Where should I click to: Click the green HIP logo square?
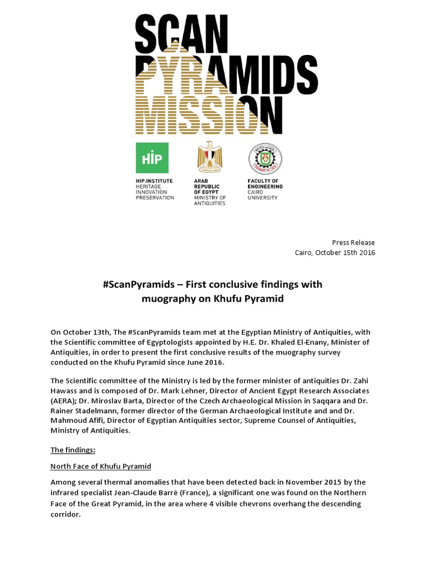click(x=152, y=158)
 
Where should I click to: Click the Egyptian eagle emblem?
click(x=209, y=158)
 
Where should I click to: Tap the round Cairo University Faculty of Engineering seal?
click(x=264, y=158)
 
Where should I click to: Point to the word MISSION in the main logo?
click(x=205, y=115)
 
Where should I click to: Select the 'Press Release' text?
click(x=353, y=242)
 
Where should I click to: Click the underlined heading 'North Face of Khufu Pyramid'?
click(x=101, y=466)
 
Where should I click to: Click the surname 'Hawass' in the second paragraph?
click(x=65, y=390)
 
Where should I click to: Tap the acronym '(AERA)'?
click(x=65, y=400)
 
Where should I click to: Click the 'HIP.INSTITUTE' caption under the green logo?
click(x=154, y=181)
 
